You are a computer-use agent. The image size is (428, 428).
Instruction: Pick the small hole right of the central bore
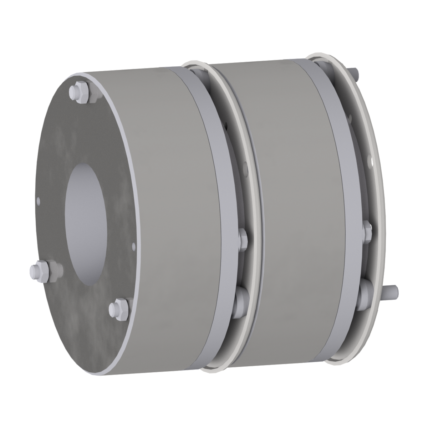pos(133,245)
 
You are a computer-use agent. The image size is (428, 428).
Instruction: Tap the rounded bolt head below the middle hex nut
pos(240,298)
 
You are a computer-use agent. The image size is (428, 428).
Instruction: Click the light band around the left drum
pos(200,178)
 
